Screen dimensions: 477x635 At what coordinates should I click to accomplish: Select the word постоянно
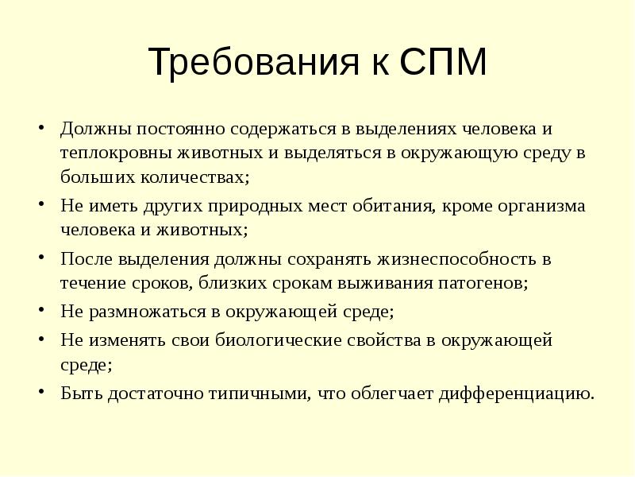click(175, 129)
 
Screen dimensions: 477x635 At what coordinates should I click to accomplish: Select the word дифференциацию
click(515, 393)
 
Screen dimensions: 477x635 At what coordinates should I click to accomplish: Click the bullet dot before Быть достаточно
click(40, 391)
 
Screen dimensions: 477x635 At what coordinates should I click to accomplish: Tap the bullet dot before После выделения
click(40, 258)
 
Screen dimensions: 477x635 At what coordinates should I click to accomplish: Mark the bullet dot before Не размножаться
click(40, 311)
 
